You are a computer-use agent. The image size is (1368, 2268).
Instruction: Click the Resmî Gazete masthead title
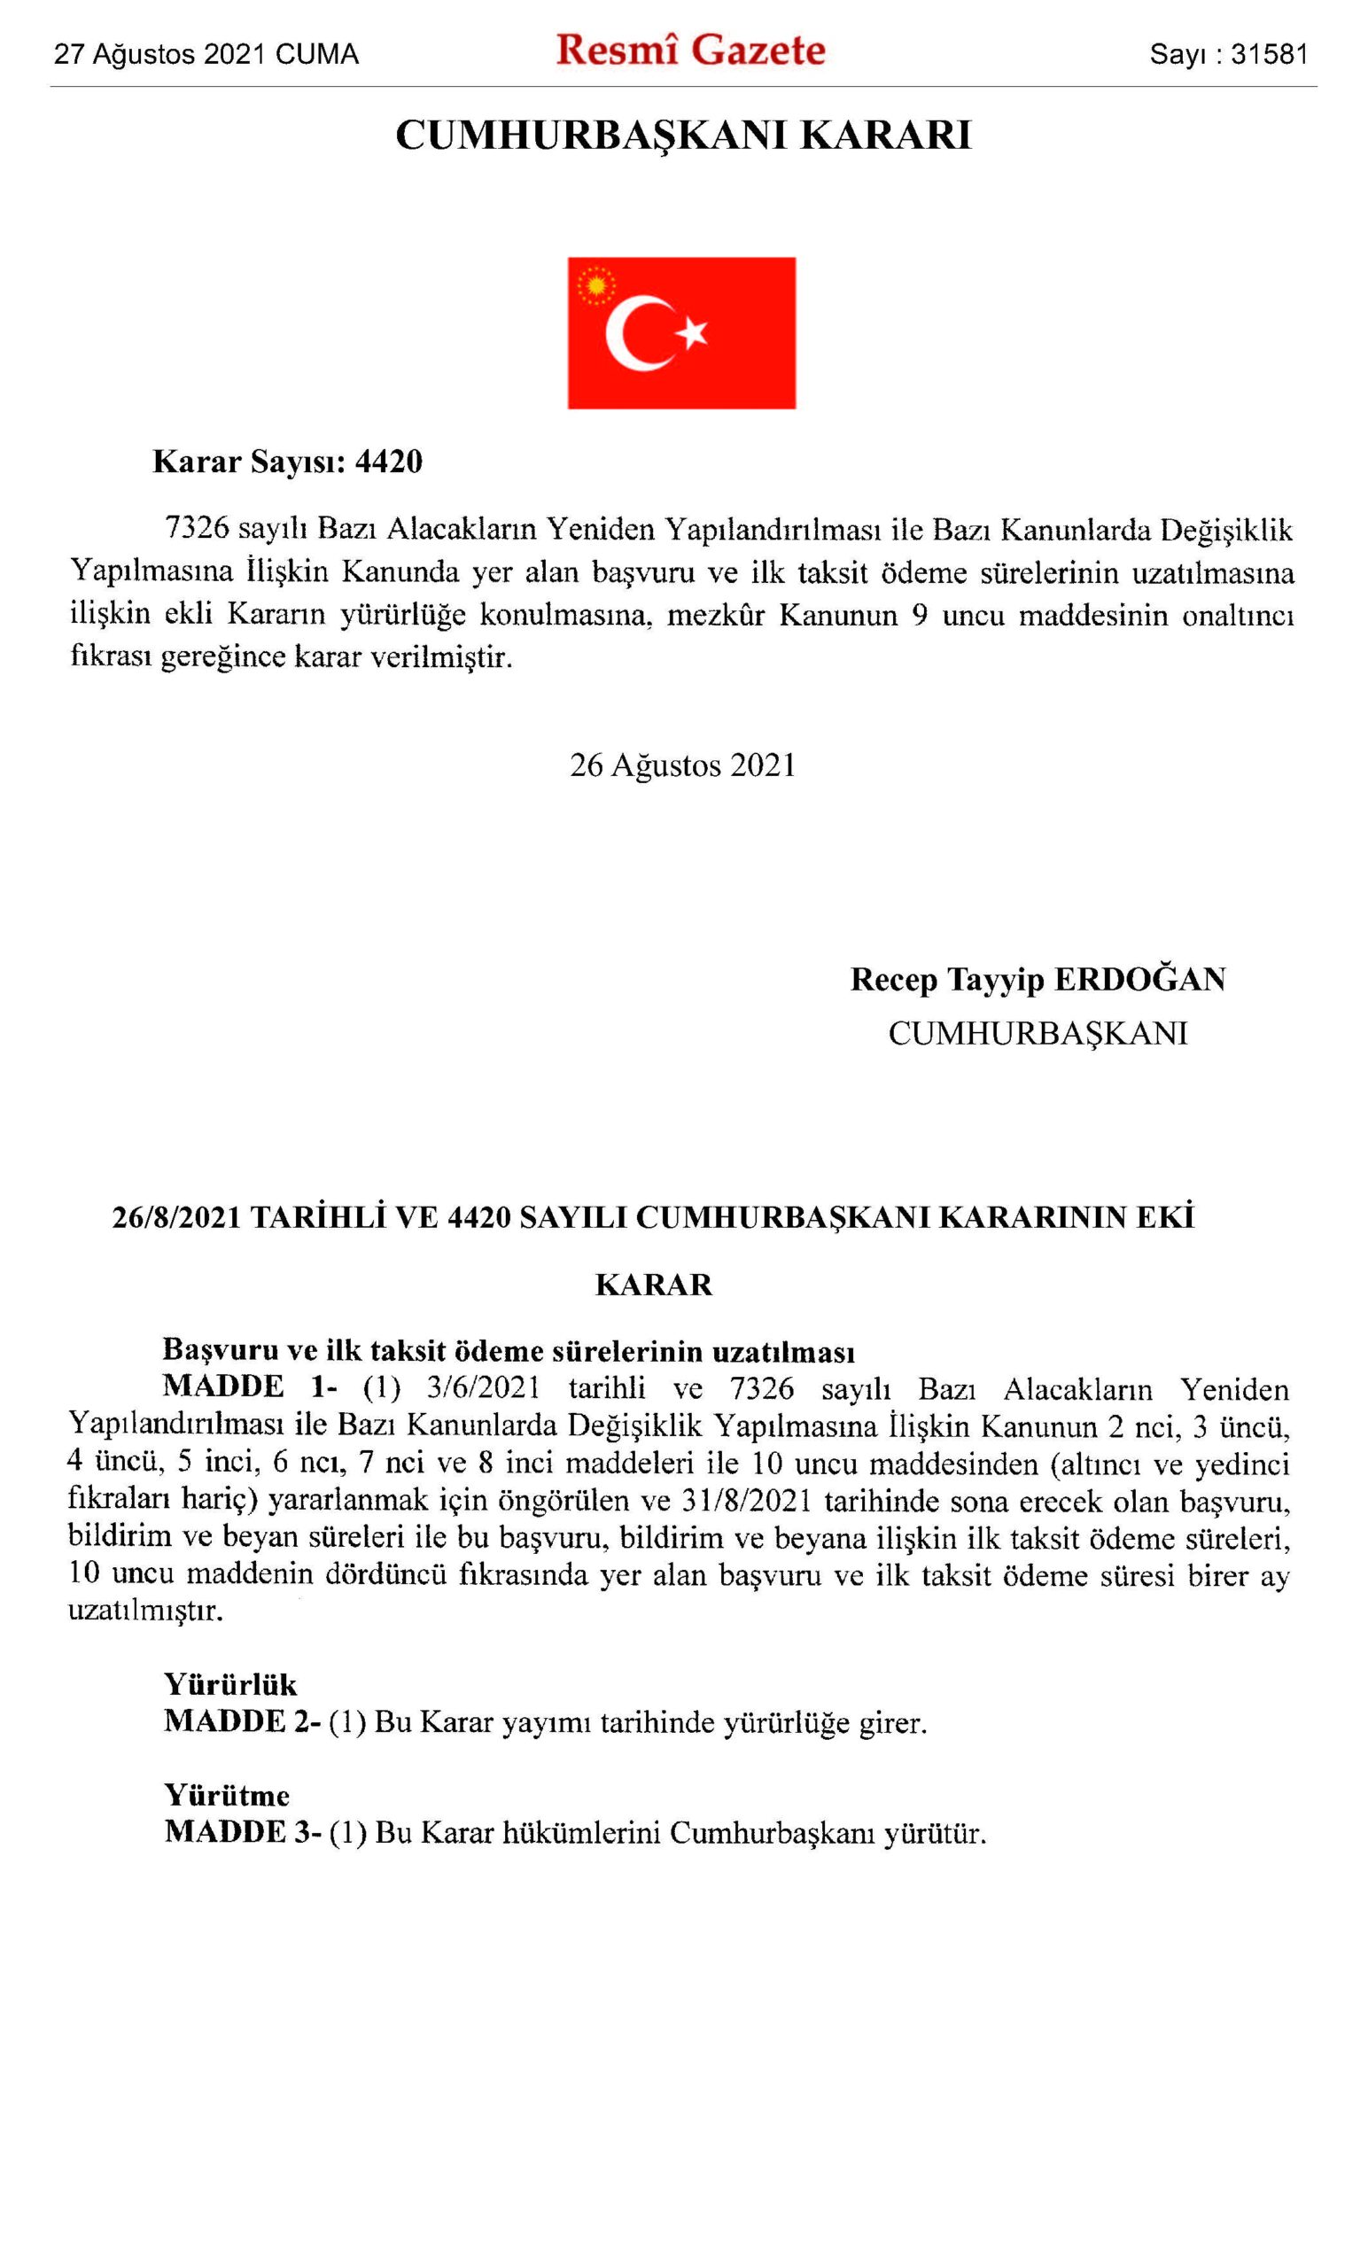coord(689,51)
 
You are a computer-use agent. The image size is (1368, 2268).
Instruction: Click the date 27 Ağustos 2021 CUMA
coord(206,55)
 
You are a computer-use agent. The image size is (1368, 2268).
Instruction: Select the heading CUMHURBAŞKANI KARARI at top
coord(683,136)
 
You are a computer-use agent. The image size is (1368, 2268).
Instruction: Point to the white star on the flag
coord(691,332)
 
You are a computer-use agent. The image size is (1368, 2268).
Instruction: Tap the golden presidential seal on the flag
coord(595,284)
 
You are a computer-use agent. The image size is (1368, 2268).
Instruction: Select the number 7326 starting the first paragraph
coord(196,529)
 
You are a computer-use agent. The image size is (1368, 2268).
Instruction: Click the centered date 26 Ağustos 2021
coord(682,765)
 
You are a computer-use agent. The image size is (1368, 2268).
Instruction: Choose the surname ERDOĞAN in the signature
coord(1139,979)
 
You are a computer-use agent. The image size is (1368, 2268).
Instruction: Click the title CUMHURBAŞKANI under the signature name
coord(1038,1034)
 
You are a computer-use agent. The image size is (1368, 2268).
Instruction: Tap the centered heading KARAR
coord(654,1285)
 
